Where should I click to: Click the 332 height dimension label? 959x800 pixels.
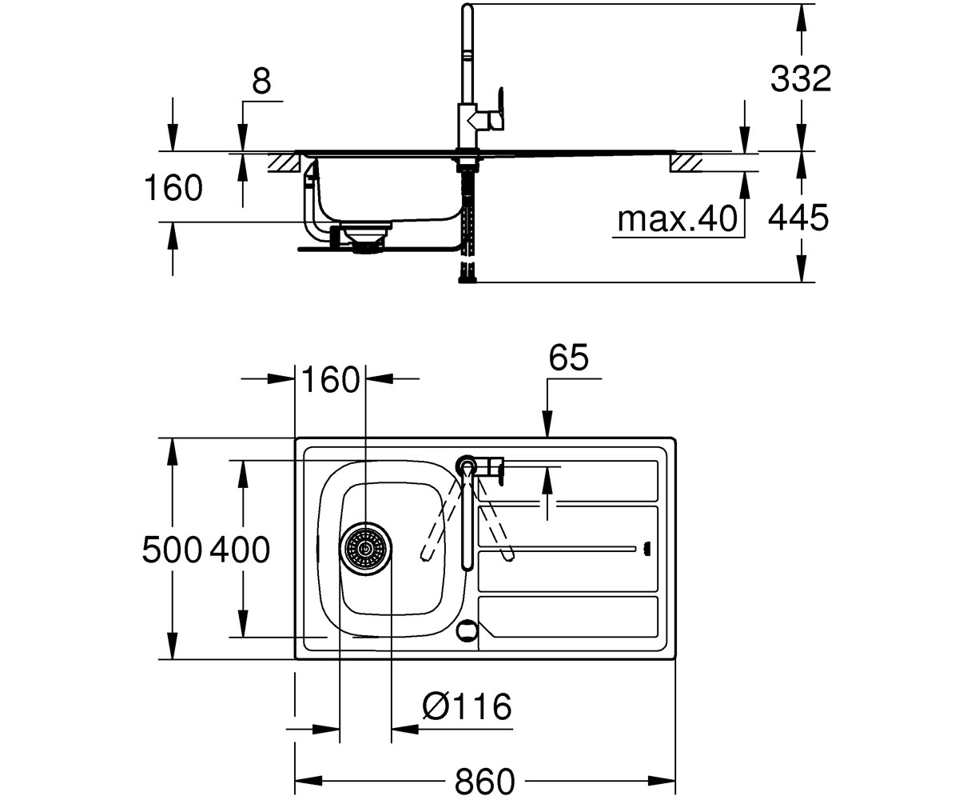tap(801, 78)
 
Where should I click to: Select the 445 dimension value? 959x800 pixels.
tap(798, 218)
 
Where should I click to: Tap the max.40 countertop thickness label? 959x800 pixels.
tap(677, 219)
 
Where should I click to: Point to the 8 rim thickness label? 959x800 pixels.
tap(262, 81)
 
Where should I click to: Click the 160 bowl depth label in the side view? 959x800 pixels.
tap(173, 187)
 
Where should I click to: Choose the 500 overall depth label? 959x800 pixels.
tap(172, 550)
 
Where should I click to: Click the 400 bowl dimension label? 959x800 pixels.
tap(239, 550)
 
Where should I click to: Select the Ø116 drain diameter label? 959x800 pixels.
tap(467, 706)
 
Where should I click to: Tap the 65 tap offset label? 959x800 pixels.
tap(568, 357)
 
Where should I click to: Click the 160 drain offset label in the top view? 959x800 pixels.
tap(330, 379)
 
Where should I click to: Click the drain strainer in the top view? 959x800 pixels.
tap(365, 549)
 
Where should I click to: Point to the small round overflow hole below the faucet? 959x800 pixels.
tap(467, 630)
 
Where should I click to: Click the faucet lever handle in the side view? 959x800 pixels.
tap(496, 109)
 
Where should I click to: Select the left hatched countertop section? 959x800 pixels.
tap(284, 163)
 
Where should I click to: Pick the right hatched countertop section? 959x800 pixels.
tap(686, 163)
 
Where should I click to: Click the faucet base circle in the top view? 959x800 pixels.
tap(467, 466)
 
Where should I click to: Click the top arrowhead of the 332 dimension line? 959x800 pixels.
tap(802, 18)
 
